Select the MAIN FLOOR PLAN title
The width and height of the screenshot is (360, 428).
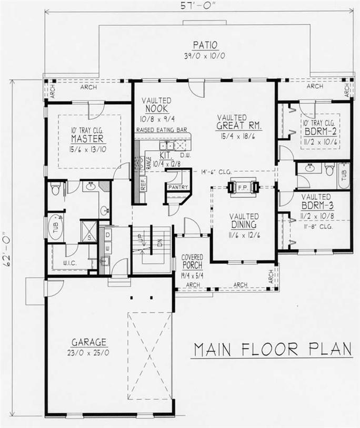[x=272, y=349]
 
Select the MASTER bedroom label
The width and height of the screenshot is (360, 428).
[x=87, y=139]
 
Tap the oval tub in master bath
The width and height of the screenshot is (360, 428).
[x=56, y=229]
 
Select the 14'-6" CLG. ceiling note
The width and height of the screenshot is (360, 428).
[x=216, y=171]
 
